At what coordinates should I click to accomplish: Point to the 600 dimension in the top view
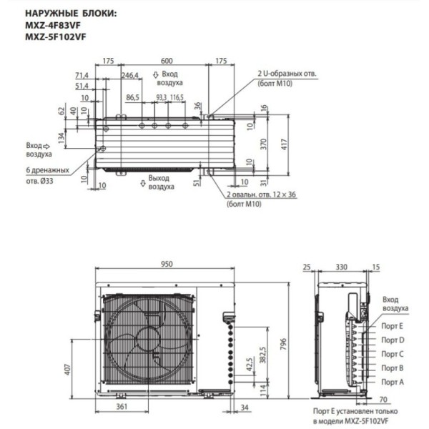(x=166, y=61)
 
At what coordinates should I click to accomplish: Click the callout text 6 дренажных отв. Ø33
(x=47, y=175)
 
